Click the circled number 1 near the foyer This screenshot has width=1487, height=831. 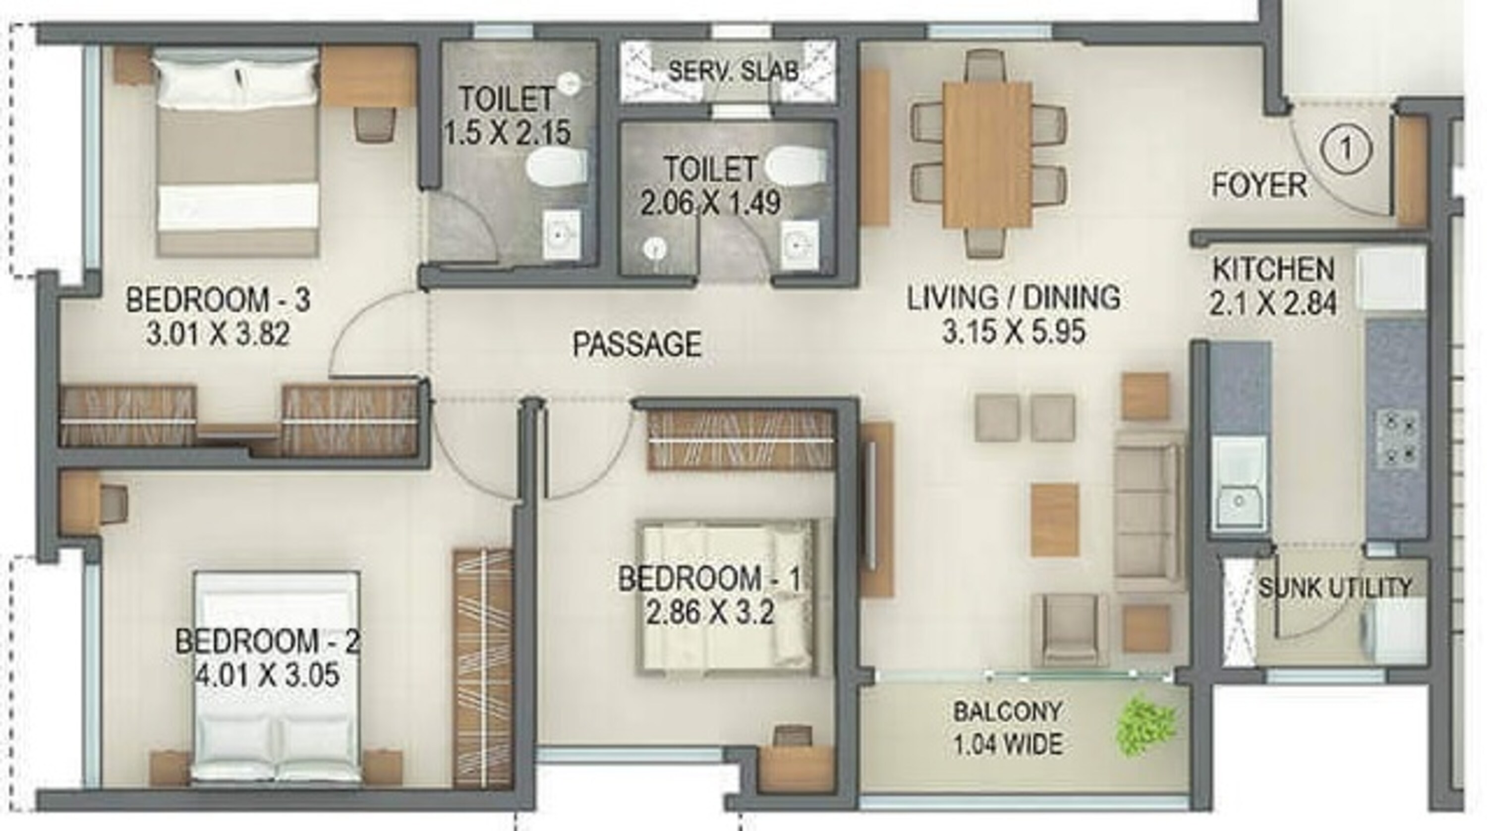tap(1346, 151)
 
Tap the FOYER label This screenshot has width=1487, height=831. tap(1259, 186)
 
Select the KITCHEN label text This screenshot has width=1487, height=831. tap(1273, 270)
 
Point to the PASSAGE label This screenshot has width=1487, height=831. tap(637, 344)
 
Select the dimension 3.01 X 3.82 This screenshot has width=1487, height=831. tap(218, 334)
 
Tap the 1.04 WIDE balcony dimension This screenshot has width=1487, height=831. tap(1007, 744)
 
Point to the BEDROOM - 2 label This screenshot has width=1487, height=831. tap(267, 642)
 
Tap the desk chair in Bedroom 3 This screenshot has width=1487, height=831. tap(376, 122)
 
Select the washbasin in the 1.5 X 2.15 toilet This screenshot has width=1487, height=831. tap(561, 235)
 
